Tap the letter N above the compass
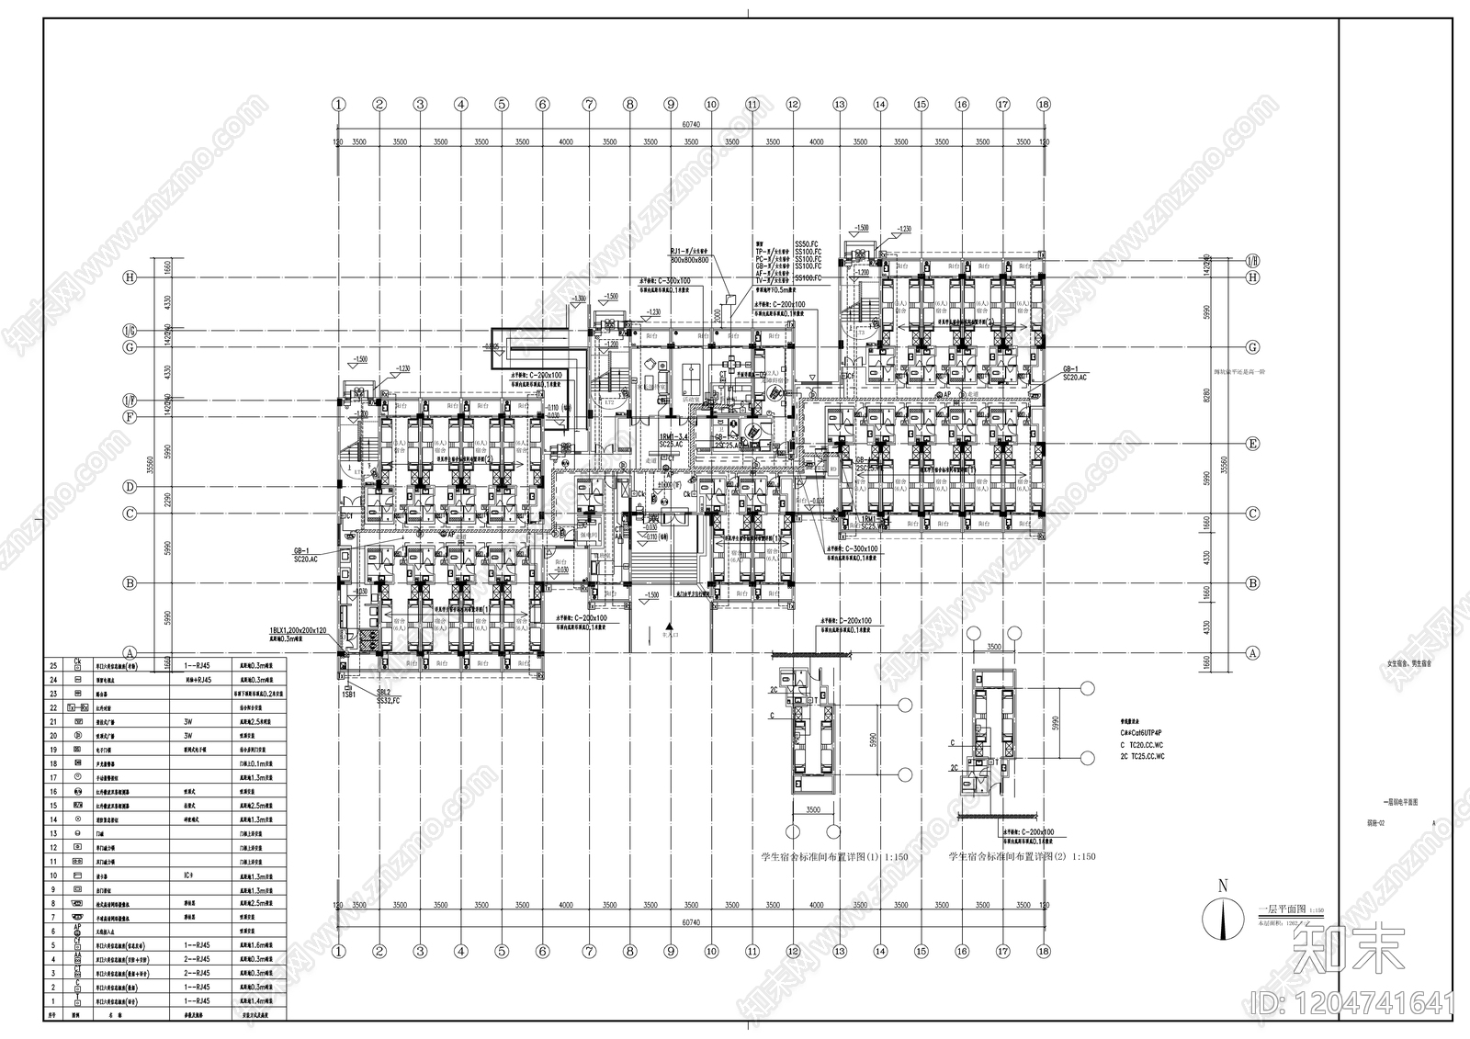click(1222, 887)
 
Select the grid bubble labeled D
click(130, 487)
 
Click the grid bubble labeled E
click(1251, 444)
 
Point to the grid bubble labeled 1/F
click(130, 401)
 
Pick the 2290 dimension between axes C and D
click(168, 501)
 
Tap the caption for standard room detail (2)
click(1022, 856)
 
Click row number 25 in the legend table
click(53, 664)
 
